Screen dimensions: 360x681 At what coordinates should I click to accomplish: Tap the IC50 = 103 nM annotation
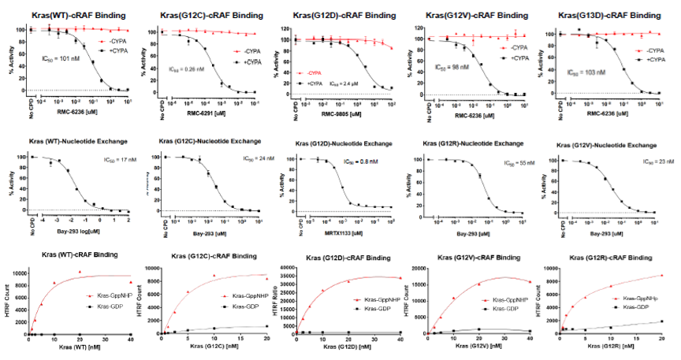pyautogui.click(x=587, y=72)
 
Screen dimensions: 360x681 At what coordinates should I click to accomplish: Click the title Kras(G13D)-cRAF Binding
pyautogui.click(x=608, y=15)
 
